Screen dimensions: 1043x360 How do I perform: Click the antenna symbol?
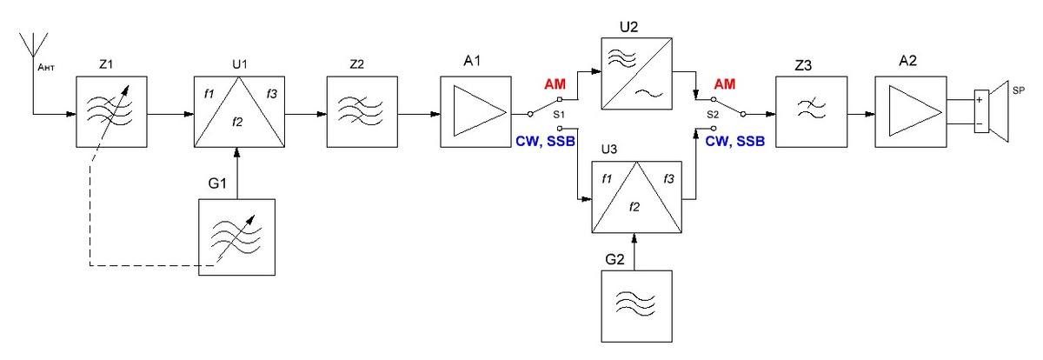coord(33,44)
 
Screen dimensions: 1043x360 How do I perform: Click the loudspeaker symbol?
coord(993,111)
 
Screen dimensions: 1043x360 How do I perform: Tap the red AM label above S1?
coord(555,84)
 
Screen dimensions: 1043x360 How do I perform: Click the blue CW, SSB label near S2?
coord(735,141)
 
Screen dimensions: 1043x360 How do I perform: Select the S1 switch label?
coord(559,115)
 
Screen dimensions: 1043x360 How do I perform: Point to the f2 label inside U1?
coord(237,122)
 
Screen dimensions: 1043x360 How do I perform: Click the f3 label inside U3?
coord(668,179)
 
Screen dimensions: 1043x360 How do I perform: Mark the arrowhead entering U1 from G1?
coord(237,153)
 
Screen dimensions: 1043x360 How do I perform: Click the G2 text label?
coord(615,259)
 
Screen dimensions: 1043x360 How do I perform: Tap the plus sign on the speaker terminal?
coord(980,100)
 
